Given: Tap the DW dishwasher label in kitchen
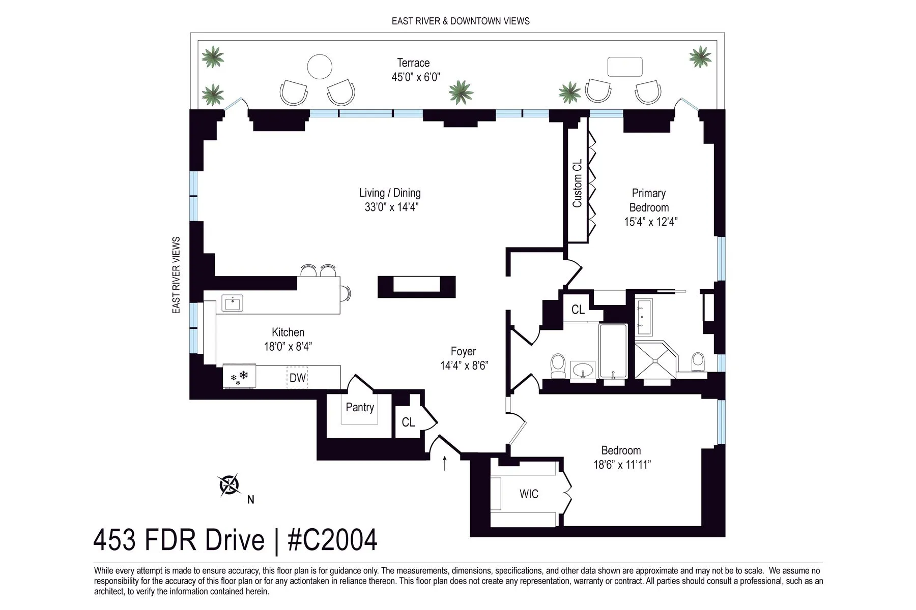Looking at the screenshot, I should tap(297, 378).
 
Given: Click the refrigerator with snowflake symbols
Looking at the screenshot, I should tap(239, 377).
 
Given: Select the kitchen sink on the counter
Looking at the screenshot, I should tap(232, 303).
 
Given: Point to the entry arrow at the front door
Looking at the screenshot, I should tap(445, 463).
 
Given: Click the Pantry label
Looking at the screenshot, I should tap(359, 407).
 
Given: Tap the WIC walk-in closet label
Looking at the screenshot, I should tap(529, 494).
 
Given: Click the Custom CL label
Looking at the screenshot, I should tap(577, 184).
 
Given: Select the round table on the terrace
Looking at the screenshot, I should tap(320, 67).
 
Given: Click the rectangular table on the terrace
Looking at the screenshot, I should tap(624, 67).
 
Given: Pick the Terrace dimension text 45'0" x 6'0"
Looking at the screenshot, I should tap(415, 77).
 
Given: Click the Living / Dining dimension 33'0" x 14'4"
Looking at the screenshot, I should tap(391, 207).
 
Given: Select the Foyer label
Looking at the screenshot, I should tap(463, 351).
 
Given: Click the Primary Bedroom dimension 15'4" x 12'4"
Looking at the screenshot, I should tap(650, 222).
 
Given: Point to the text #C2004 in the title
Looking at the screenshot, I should tap(332, 540).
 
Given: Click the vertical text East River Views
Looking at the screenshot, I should tap(177, 275).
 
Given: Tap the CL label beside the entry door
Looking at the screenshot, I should tap(408, 422).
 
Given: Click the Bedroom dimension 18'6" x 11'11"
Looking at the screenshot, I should tap(622, 465).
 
